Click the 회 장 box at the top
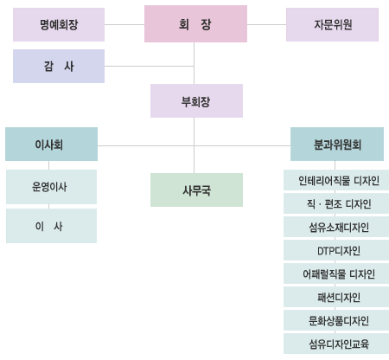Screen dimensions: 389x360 pos(195,24)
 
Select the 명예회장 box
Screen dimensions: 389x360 pos(59,24)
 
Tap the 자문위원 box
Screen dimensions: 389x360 pos(332,24)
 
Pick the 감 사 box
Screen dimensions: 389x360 pos(59,66)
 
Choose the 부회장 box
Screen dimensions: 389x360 pos(196,101)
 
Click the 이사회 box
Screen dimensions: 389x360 pos(51,144)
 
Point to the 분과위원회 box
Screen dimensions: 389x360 pos(337,144)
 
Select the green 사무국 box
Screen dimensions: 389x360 pos(196,190)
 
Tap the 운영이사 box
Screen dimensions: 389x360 pos(51,187)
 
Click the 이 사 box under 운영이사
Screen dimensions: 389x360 pos(51,226)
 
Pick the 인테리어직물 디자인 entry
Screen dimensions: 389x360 pos(336,180)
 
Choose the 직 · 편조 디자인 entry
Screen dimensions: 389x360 pos(336,203)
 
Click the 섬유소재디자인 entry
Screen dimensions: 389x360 pos(336,227)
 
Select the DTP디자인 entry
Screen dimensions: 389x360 pos(336,250)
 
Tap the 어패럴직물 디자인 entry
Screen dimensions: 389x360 pos(336,273)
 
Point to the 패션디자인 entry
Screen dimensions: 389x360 pos(336,297)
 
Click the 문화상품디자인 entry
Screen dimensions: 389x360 pos(336,320)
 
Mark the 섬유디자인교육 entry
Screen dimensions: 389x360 pos(336,344)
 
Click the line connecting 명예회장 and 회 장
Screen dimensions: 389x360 pos(124,24)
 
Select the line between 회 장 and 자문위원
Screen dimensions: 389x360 pos(266,24)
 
